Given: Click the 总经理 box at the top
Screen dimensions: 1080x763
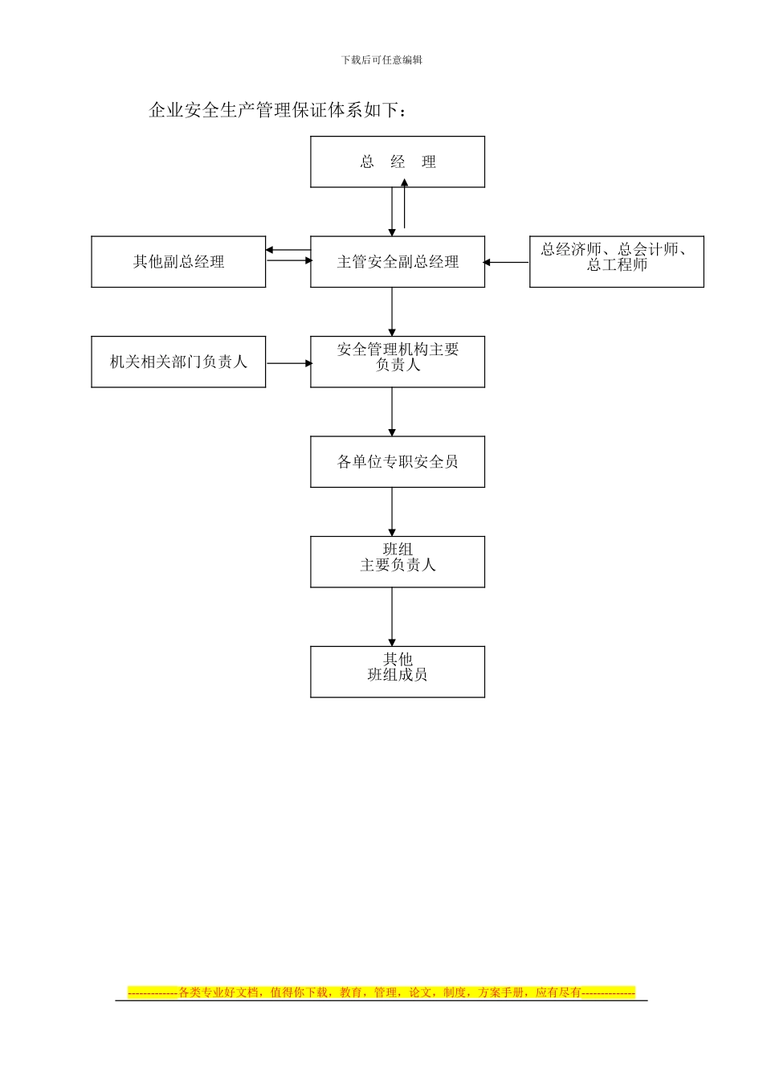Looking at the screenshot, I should click(398, 162).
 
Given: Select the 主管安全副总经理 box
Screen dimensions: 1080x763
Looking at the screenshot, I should click(398, 262).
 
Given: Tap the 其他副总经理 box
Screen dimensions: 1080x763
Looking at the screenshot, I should click(178, 262).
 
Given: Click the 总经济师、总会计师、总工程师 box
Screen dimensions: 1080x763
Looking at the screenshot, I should click(616, 262).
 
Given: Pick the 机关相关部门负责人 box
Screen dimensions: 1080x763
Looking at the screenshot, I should click(178, 362).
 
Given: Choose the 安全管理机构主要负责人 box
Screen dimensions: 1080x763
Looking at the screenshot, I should click(398, 362).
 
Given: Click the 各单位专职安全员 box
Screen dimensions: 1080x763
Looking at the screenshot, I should click(398, 462).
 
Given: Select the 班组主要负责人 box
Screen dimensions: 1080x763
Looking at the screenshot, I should click(398, 562).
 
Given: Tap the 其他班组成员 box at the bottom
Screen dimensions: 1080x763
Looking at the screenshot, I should click(398, 672).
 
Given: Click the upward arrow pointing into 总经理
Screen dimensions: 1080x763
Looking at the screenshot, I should click(405, 205).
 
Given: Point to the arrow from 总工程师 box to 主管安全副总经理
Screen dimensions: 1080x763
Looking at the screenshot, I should click(507, 262).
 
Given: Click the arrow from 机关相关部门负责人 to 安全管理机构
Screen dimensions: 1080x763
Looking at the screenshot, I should click(288, 363).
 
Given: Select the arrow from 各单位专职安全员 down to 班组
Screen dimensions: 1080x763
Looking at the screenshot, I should click(392, 511).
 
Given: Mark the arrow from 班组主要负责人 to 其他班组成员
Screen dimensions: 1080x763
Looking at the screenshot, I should click(392, 616).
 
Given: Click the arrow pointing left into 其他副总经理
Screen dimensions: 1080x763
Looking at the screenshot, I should click(288, 250).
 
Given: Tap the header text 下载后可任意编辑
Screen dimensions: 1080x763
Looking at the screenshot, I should click(381, 59).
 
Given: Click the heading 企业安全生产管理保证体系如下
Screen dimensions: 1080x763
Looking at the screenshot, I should click(278, 110).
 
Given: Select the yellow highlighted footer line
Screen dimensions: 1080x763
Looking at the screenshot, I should click(381, 992).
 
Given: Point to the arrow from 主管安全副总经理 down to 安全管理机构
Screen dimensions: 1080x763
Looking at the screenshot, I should click(392, 312).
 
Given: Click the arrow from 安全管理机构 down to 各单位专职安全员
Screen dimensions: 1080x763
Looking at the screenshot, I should click(392, 411).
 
